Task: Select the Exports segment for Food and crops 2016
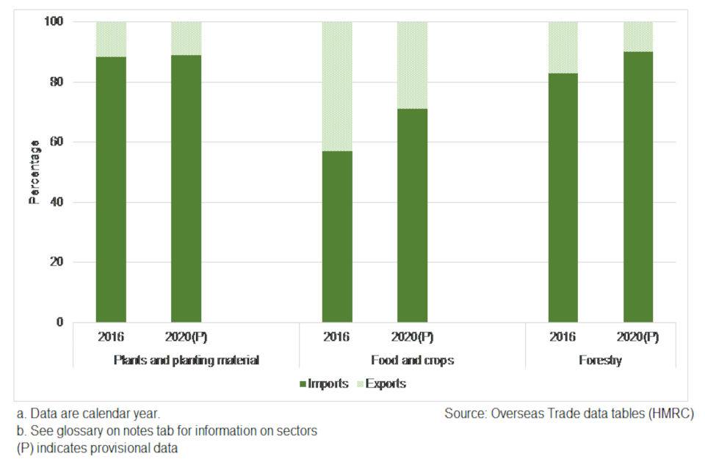(337, 87)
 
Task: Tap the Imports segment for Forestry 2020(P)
(638, 187)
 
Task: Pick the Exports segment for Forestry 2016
(563, 48)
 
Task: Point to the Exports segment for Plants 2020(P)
(187, 38)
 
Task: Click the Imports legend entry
(324, 383)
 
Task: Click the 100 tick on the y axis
(54, 22)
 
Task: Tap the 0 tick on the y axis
(59, 322)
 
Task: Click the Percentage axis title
(34, 172)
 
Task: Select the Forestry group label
(601, 361)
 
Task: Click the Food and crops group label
(412, 361)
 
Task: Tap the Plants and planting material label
(186, 361)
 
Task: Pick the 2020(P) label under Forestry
(638, 337)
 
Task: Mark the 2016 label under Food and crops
(337, 337)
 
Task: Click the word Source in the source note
(463, 413)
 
